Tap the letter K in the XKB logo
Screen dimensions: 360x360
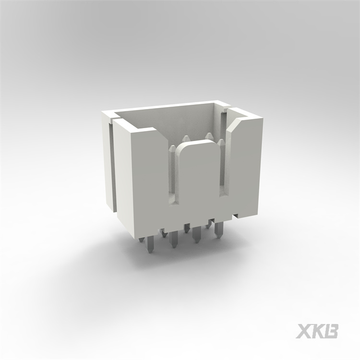tap(318, 331)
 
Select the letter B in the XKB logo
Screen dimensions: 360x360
tap(332, 331)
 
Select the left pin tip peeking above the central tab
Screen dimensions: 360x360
tap(185, 139)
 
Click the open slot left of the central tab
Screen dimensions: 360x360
tap(174, 182)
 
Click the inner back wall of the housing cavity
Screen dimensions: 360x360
tap(168, 120)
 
